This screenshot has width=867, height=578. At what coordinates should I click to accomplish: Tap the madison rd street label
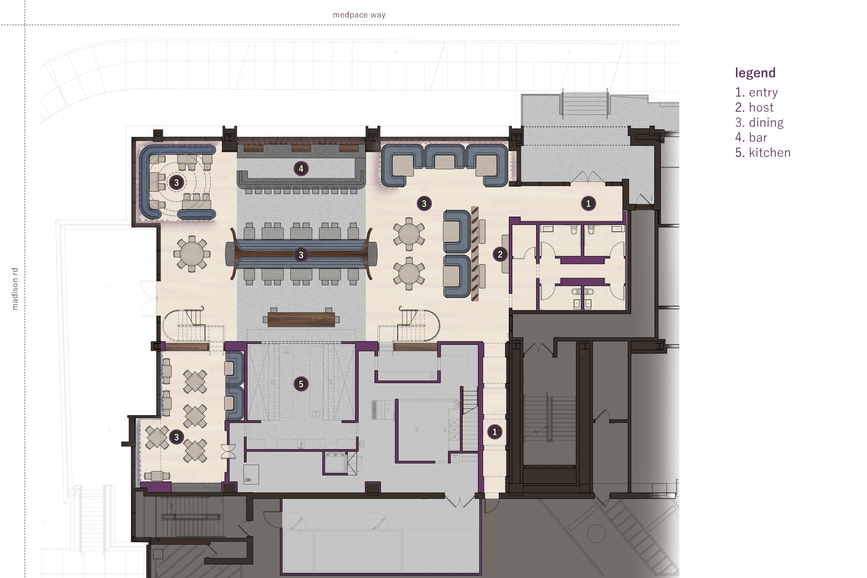click(x=15, y=289)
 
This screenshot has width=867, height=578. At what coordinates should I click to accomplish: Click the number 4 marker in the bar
click(x=301, y=169)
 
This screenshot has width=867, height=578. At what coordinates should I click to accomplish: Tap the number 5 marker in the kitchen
click(x=301, y=384)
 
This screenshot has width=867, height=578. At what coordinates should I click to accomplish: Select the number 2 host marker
click(x=500, y=254)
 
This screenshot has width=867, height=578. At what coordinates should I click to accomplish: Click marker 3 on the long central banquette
click(x=301, y=255)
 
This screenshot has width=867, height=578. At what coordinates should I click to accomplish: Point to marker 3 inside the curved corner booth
click(x=176, y=182)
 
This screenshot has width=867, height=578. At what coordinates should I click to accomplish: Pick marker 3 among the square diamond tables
click(x=176, y=437)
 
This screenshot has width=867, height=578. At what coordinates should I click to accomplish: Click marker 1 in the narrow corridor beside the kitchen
click(x=494, y=432)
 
